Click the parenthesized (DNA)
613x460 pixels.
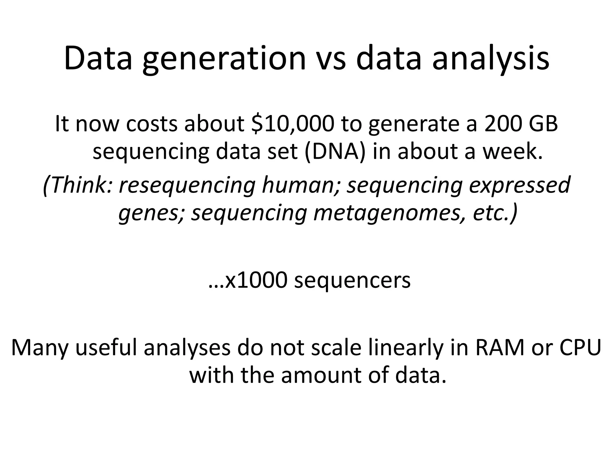[x=335, y=151]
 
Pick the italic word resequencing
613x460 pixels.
[x=187, y=186]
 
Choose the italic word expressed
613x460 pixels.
[x=519, y=186]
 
